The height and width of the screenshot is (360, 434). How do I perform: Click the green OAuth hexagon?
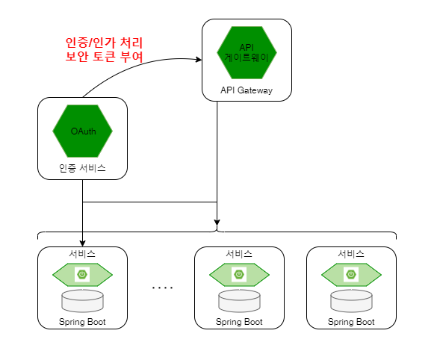click(x=82, y=131)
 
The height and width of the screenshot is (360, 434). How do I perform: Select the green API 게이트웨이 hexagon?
click(x=247, y=52)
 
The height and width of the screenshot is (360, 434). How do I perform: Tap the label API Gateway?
click(x=247, y=90)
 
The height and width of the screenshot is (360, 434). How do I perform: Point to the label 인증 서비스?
click(x=82, y=168)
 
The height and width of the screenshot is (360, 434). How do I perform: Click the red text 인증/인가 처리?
click(x=104, y=43)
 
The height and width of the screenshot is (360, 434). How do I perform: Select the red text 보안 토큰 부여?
click(x=104, y=56)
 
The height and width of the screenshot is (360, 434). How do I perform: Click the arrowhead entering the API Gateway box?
click(x=199, y=59)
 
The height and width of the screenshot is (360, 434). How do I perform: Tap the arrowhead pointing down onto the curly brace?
click(x=217, y=222)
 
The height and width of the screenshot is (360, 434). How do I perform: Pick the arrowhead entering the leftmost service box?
click(x=82, y=243)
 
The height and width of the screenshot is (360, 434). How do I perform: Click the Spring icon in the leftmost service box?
click(x=82, y=274)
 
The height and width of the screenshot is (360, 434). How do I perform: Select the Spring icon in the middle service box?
click(x=239, y=274)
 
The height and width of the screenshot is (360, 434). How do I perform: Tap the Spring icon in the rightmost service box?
click(x=351, y=274)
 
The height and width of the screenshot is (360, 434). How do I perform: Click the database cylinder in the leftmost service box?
click(x=82, y=301)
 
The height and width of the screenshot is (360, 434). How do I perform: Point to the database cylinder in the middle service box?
click(x=239, y=301)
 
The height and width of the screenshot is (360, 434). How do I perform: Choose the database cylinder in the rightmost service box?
click(x=351, y=301)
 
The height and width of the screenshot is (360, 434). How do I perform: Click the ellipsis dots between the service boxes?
click(x=163, y=288)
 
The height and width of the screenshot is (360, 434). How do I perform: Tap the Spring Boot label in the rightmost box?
click(x=351, y=322)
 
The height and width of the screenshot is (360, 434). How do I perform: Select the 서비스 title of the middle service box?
click(x=239, y=254)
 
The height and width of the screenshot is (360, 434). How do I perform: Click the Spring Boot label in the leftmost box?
click(x=82, y=322)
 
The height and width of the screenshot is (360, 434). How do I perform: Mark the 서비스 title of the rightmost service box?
click(x=351, y=254)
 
